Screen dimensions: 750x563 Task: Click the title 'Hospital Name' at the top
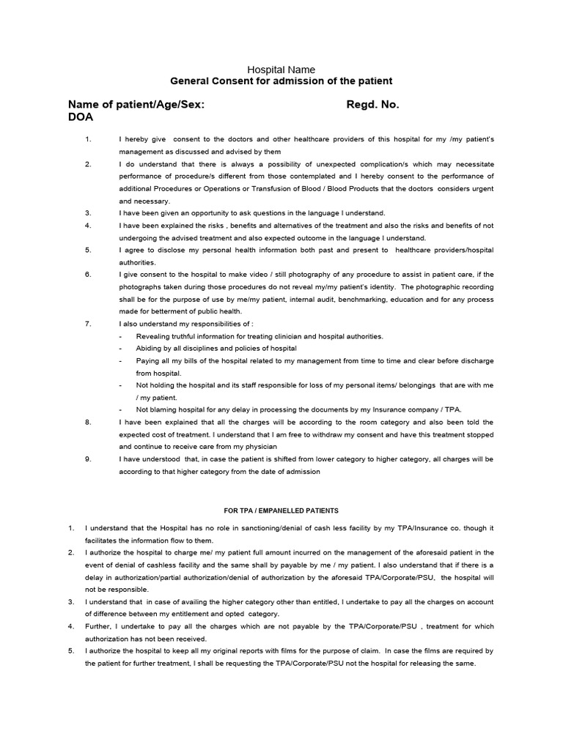[x=281, y=70]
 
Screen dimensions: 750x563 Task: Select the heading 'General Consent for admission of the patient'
[x=281, y=81]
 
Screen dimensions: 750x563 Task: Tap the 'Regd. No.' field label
[x=372, y=105]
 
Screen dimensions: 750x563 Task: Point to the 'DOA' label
[x=81, y=117]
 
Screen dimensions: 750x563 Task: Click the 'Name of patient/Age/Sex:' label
[x=136, y=105]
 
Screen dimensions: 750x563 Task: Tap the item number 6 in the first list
[x=87, y=275]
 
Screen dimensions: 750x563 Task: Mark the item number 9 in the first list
[x=87, y=459]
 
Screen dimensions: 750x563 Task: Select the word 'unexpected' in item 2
[x=342, y=163]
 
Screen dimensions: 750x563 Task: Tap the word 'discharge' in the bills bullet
[x=474, y=361]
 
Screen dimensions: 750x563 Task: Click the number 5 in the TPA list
[x=71, y=651]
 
